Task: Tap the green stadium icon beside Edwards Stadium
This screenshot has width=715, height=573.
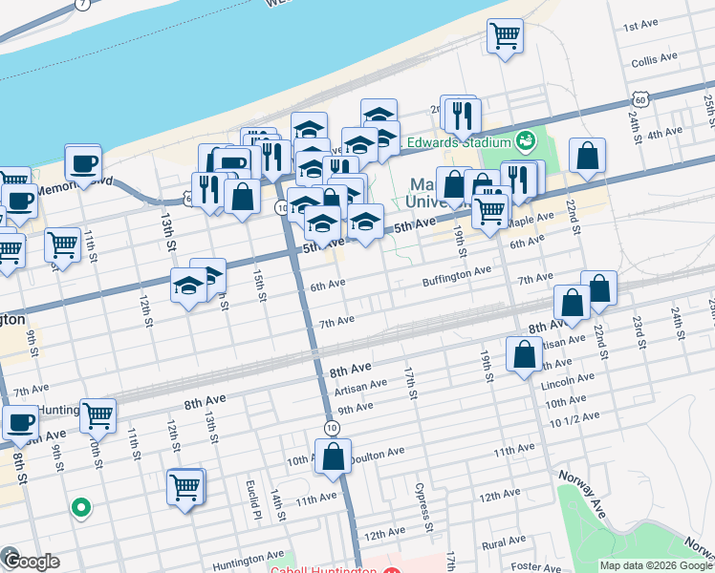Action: (524, 143)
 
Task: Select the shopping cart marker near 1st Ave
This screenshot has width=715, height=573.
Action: (505, 37)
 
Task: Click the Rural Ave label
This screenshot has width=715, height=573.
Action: (506, 545)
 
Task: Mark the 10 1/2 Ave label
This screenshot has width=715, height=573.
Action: (574, 416)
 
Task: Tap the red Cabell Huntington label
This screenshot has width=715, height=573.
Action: (322, 569)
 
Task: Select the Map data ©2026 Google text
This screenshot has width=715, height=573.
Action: (656, 565)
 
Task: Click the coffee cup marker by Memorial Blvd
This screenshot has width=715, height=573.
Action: (83, 163)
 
